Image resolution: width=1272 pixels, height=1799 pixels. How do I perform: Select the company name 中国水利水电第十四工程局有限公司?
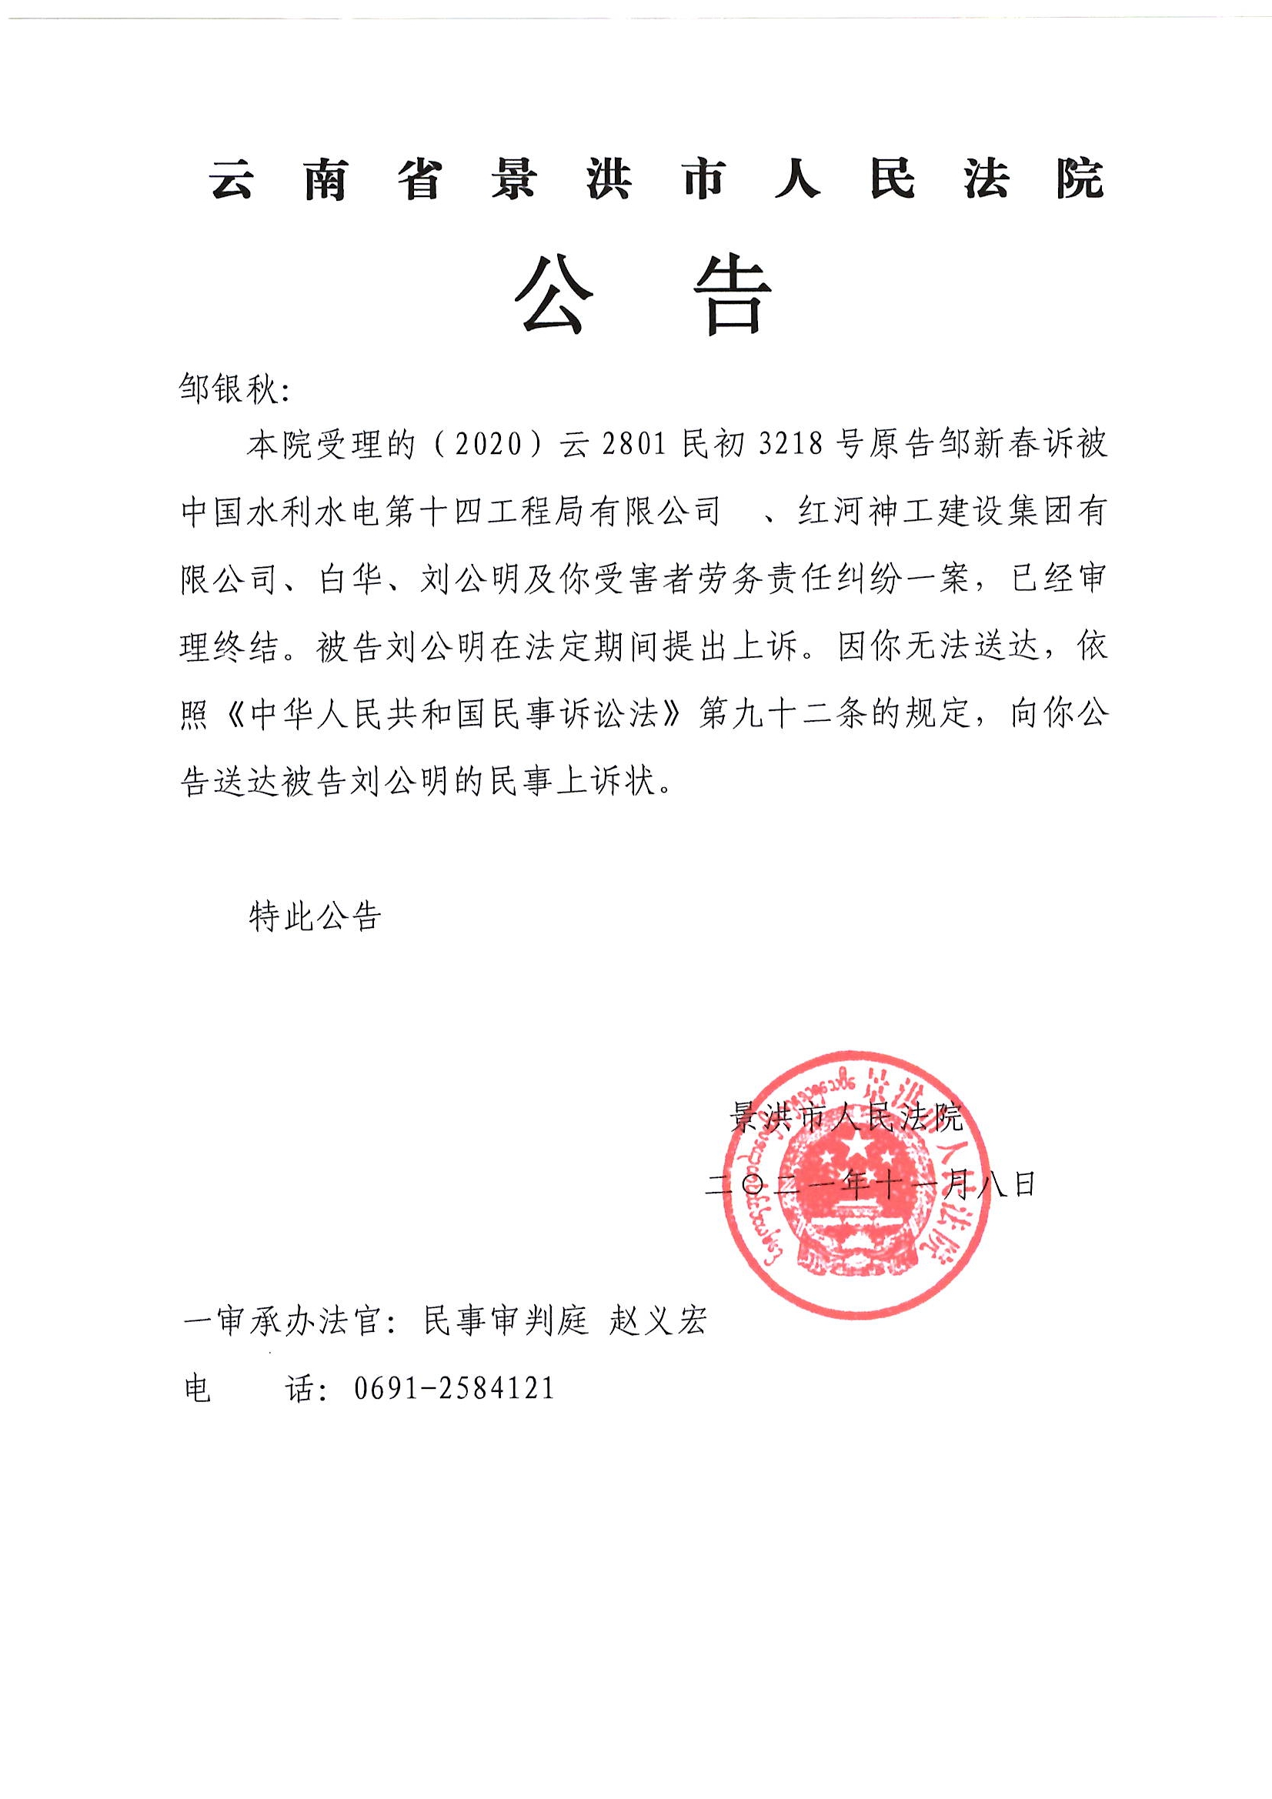click(451, 512)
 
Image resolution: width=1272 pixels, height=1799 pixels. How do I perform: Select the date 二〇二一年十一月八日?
click(871, 1184)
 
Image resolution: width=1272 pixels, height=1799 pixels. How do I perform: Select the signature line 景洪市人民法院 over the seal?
click(846, 1116)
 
